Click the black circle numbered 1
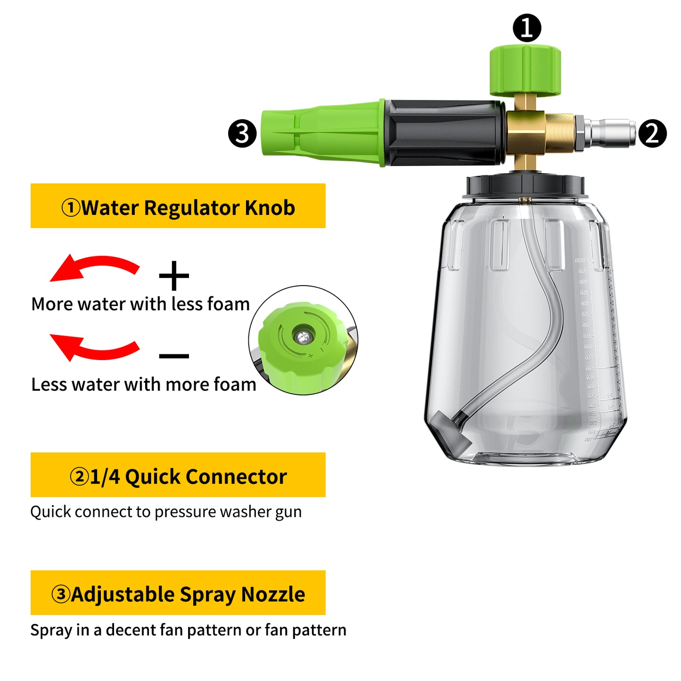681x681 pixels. pos(526,28)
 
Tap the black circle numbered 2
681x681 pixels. pos(652,133)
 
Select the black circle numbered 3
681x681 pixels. pos(242,133)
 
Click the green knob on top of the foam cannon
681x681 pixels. pos(525,71)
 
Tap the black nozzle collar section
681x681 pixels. pos(443,133)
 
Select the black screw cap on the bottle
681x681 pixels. pos(525,186)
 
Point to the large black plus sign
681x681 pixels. pos(174,276)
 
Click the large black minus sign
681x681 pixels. pos(174,356)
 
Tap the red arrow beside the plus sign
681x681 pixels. pos(94,268)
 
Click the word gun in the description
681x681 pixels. pos(288,512)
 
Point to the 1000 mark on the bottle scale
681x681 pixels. pos(580,260)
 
